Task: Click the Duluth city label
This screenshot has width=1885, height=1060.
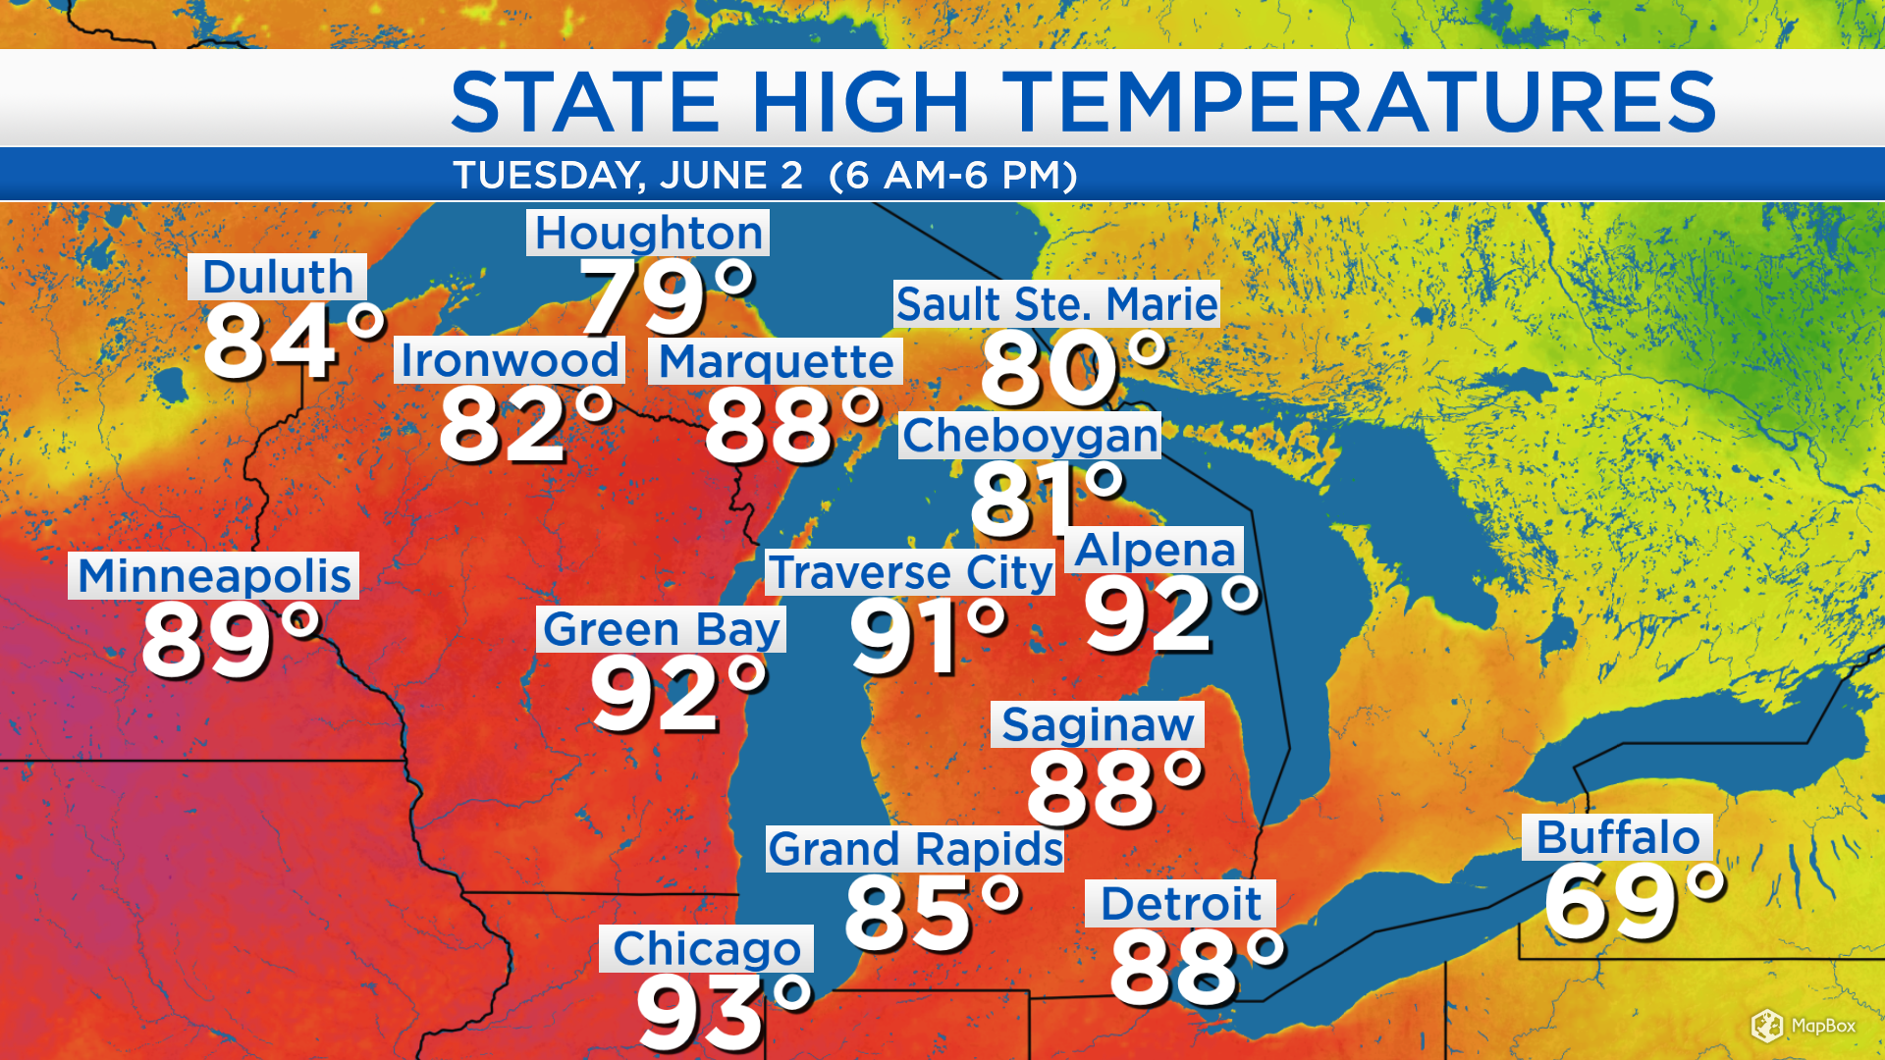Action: (278, 277)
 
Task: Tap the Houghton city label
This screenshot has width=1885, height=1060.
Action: (648, 233)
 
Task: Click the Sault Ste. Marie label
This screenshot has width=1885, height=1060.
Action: (1056, 304)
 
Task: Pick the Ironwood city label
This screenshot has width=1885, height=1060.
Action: (510, 360)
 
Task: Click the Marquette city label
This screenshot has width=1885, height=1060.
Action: (776, 361)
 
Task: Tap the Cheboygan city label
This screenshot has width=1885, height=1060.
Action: (1030, 435)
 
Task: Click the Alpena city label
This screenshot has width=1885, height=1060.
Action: (1155, 550)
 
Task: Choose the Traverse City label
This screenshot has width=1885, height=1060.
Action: (910, 572)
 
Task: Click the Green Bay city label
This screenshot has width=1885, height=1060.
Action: (661, 629)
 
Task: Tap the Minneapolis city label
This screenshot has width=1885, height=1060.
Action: (214, 575)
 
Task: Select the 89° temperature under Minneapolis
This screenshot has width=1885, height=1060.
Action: (231, 640)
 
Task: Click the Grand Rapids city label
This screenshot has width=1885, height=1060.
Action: (915, 849)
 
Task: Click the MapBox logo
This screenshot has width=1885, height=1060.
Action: (1804, 1026)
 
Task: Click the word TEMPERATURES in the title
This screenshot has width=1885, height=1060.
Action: (1359, 101)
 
